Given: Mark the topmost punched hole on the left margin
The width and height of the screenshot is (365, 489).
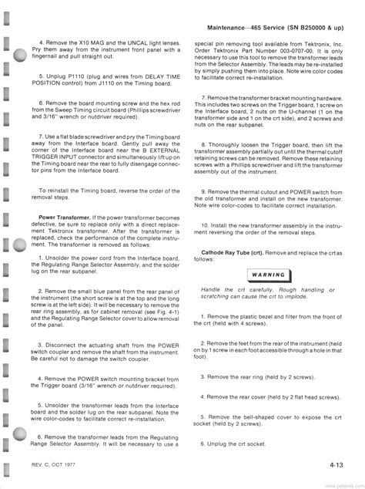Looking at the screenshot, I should pos(20,55).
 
